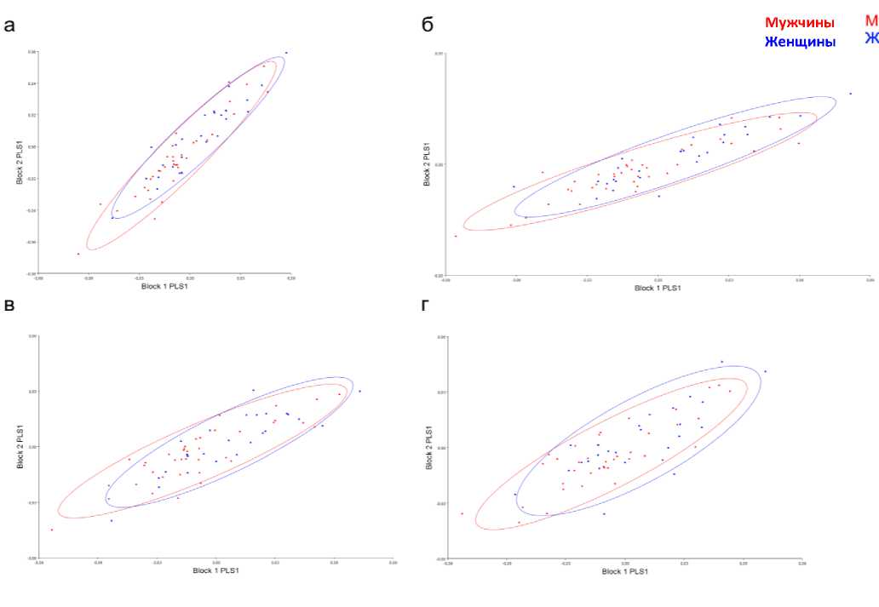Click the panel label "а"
click(x=9, y=25)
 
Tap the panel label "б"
click(x=428, y=25)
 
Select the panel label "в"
click(x=9, y=305)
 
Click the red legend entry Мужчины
click(x=799, y=23)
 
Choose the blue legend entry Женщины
click(x=800, y=41)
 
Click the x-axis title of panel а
click(x=164, y=286)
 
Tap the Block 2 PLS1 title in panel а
click(x=18, y=163)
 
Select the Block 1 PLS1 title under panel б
click(x=658, y=288)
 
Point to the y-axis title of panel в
click(x=18, y=446)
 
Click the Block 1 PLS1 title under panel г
click(x=624, y=571)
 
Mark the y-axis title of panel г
click(x=429, y=448)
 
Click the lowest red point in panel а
click(x=78, y=254)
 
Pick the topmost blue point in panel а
click(x=286, y=53)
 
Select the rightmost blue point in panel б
click(x=850, y=94)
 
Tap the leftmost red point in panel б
click(x=456, y=236)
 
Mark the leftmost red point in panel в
click(x=51, y=530)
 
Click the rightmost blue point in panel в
click(x=359, y=392)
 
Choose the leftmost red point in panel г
click(x=462, y=513)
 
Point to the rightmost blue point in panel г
click(x=765, y=371)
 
